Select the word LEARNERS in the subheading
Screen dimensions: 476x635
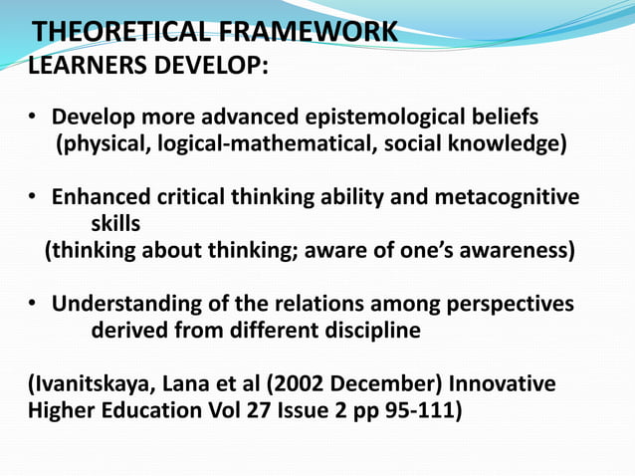coord(85,68)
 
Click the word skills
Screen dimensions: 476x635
coord(115,224)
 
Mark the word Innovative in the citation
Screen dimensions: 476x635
coord(504,383)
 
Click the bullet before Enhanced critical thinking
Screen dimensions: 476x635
coord(33,197)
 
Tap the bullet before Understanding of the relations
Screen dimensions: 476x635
coord(33,304)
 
